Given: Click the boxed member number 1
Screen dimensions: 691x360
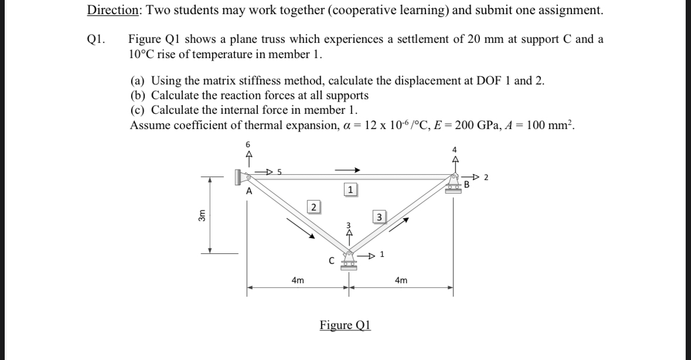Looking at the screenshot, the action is (350, 190).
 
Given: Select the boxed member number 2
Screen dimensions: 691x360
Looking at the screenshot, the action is (314, 206).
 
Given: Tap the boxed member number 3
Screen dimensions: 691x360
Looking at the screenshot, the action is (379, 218).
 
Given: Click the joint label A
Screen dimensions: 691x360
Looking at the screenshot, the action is (249, 191).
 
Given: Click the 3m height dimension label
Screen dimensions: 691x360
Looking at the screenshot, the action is (202, 215).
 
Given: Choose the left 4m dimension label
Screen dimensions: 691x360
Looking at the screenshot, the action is (298, 281).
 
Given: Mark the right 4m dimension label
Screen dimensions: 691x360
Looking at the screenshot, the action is (401, 281).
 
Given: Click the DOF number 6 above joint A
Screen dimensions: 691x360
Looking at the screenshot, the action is (247, 144).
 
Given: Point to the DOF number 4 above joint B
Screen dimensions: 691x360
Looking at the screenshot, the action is (454, 148).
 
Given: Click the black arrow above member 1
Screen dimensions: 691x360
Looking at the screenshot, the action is (347, 171).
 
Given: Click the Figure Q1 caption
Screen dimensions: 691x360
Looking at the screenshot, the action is (345, 325).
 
